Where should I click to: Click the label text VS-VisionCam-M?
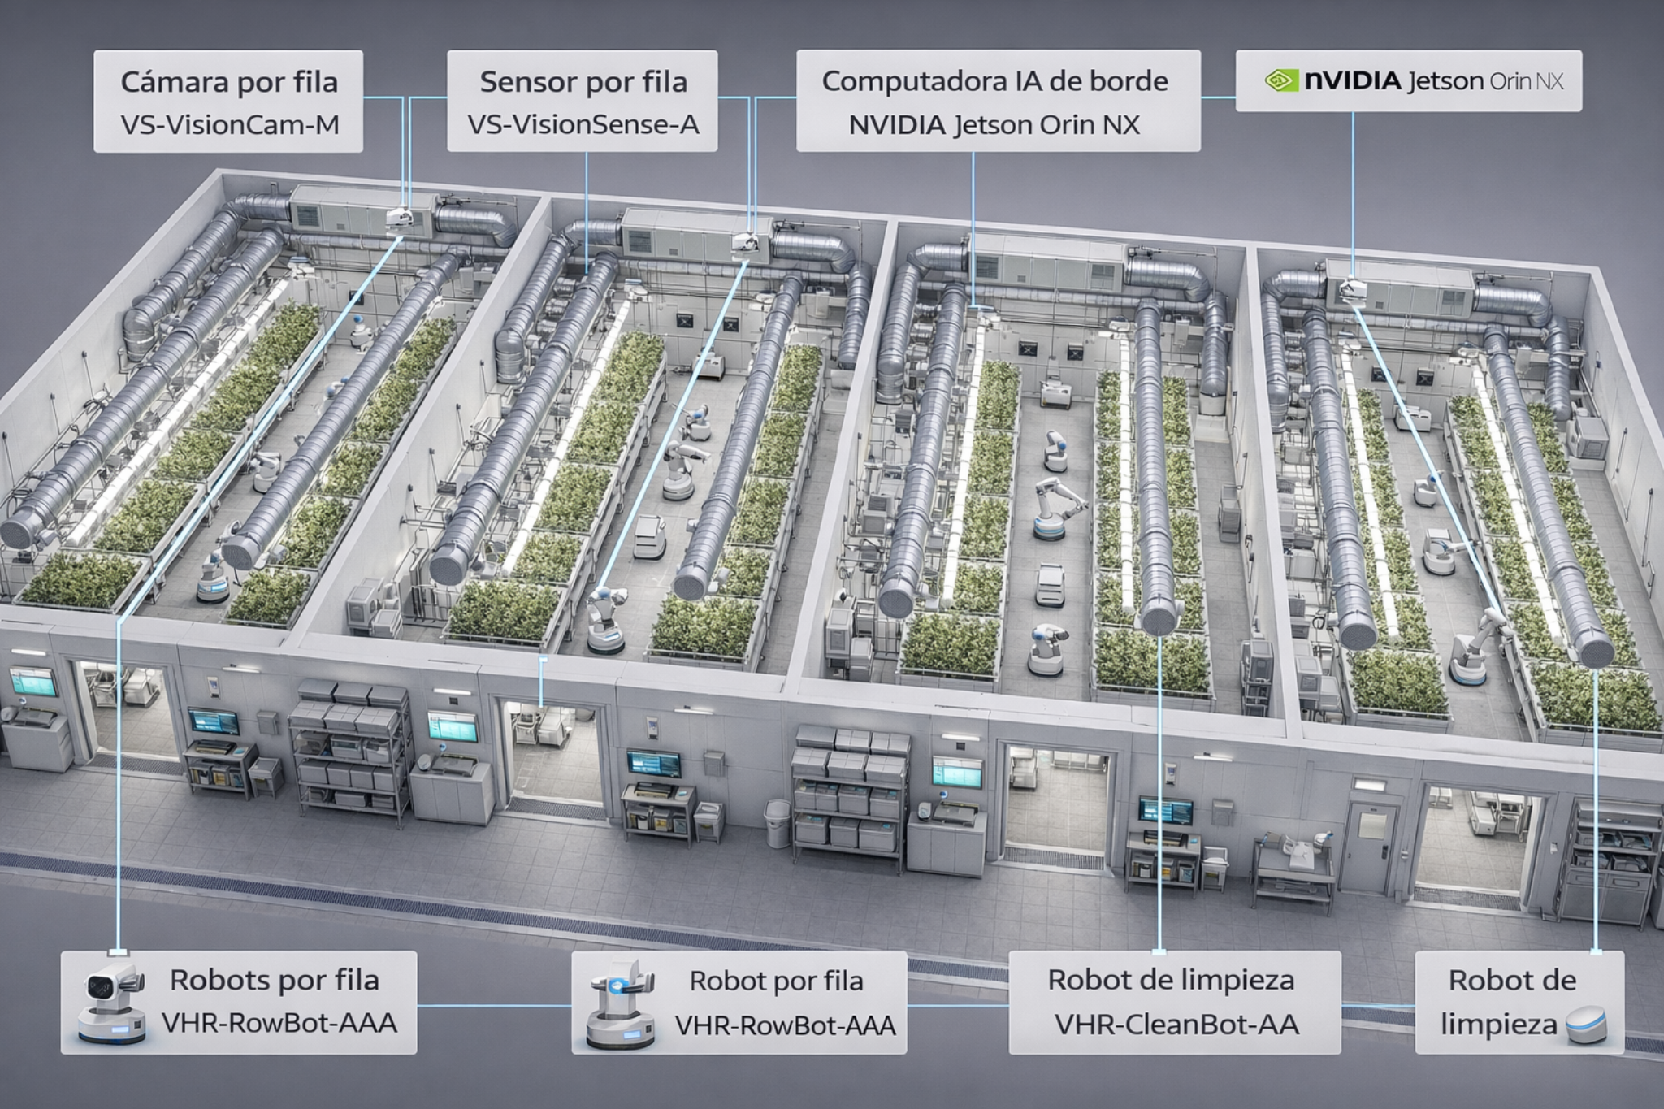(229, 124)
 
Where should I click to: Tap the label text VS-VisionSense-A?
(583, 124)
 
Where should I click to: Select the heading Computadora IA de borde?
(994, 81)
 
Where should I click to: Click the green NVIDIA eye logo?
(1281, 81)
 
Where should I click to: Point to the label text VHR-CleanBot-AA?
(1176, 1025)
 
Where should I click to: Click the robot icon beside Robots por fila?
(113, 1004)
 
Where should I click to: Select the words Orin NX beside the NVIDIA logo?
(1527, 81)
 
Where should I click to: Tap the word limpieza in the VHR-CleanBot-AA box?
(1241, 979)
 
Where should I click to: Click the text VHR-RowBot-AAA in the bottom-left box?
(279, 1023)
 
